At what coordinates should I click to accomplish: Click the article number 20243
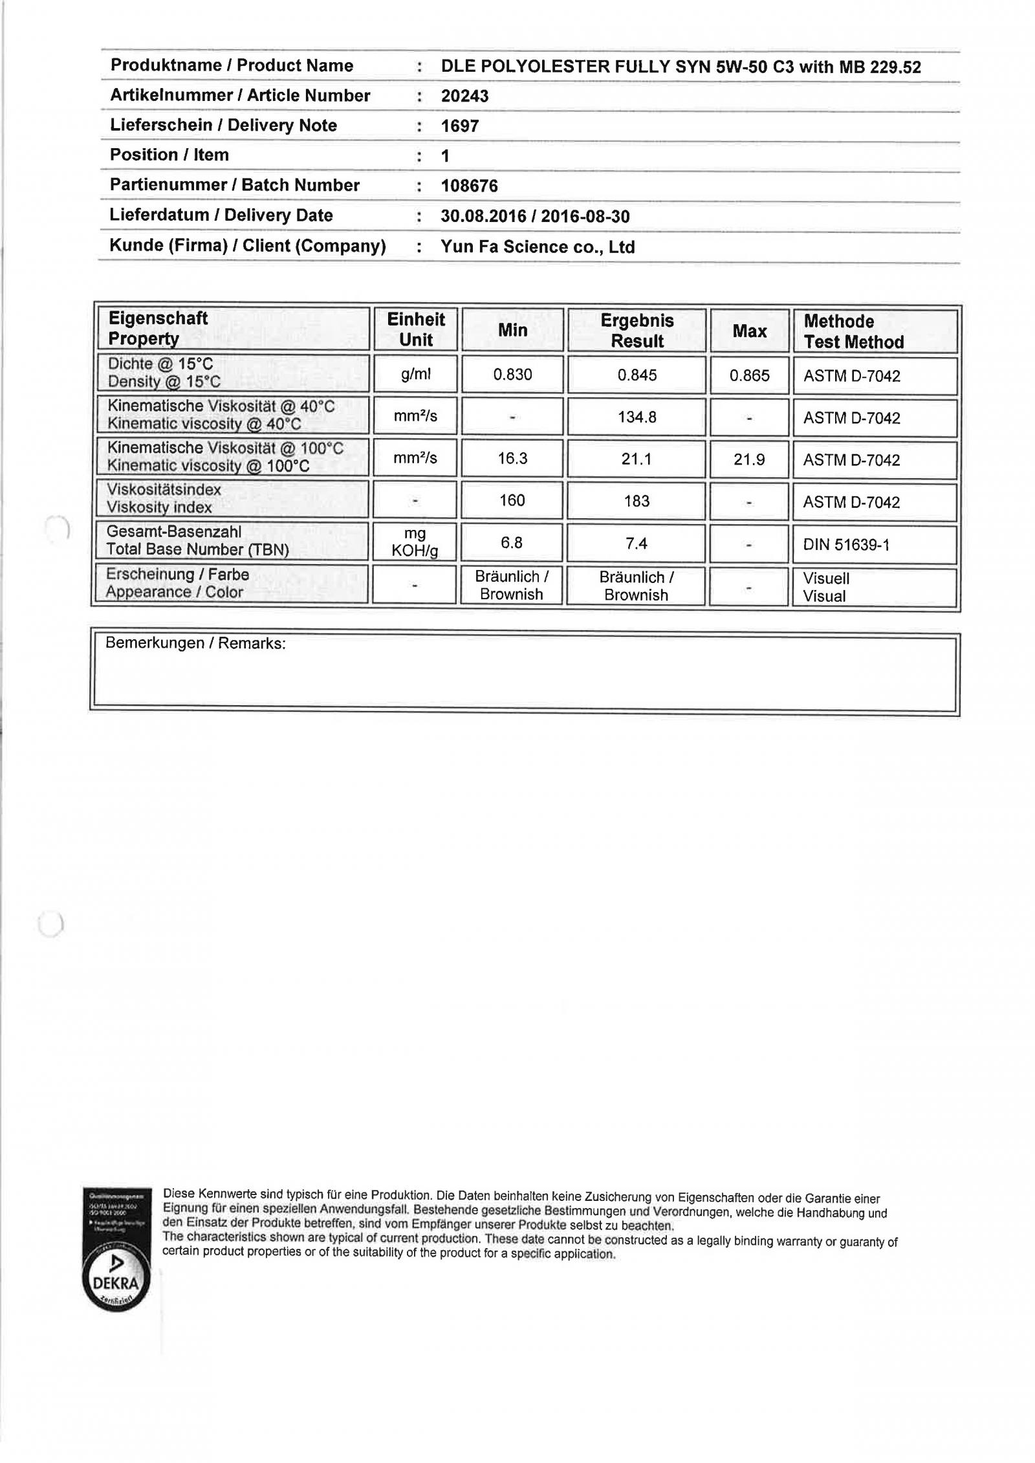tap(464, 96)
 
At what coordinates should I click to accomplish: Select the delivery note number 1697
tap(460, 126)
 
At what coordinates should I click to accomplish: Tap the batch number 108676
tap(469, 186)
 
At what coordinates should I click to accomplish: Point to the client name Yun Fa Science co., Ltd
tap(538, 247)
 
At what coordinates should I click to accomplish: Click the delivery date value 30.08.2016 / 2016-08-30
tap(535, 216)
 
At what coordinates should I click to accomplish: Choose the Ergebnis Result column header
tap(637, 331)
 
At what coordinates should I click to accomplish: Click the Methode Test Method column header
tap(853, 331)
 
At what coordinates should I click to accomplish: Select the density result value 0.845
tap(637, 375)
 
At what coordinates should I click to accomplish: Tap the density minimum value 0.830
tap(512, 375)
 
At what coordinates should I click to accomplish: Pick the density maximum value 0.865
tap(749, 375)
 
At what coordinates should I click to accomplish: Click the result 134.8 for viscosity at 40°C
tap(637, 417)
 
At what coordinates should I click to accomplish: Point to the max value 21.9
tap(749, 459)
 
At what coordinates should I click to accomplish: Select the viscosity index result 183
tap(637, 501)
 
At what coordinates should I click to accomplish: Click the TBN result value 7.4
tap(637, 544)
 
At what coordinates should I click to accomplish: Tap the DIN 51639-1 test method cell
tap(846, 545)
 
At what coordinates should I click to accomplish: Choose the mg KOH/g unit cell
tap(415, 542)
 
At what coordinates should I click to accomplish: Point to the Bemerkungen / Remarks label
tap(195, 643)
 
